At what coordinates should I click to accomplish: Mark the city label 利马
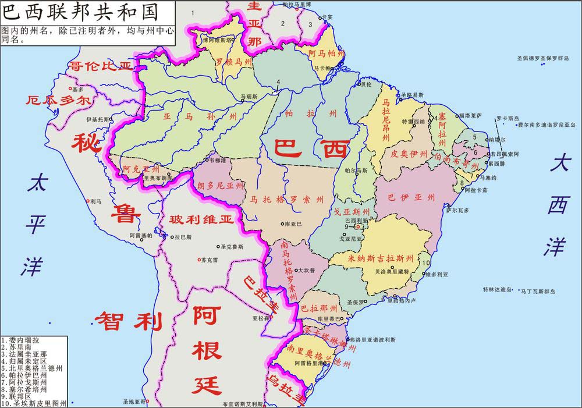pos(96,201)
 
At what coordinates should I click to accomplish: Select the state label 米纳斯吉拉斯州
pos(381,257)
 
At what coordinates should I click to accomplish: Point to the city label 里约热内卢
pos(402,300)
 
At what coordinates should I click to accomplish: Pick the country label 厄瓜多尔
pos(58,101)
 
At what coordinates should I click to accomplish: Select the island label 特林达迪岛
pos(498,289)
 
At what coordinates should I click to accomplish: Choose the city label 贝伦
pos(366,84)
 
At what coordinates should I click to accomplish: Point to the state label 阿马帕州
pos(329,53)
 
